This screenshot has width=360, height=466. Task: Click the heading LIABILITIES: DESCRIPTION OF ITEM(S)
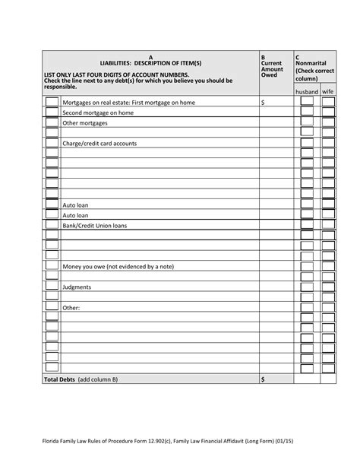pos(150,62)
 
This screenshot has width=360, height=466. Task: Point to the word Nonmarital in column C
pos(314,63)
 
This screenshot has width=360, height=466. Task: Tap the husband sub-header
pos(307,91)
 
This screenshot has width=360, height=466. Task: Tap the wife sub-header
pos(328,91)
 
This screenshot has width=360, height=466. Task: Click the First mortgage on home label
pos(128,102)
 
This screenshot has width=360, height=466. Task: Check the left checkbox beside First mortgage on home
pos(52,102)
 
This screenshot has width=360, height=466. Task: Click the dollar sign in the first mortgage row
pos(263,102)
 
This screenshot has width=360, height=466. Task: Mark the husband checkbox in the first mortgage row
pos(307,102)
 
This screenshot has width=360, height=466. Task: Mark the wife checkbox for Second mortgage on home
pos(328,112)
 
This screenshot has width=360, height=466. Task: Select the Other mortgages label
pos(85,122)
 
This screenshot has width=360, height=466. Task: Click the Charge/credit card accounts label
pos(99,143)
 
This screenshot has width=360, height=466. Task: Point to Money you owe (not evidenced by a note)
pos(118,267)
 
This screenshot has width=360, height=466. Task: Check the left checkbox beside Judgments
pos(52,287)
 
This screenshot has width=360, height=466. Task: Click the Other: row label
pos(71,308)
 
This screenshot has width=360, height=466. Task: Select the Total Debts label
pos(81,379)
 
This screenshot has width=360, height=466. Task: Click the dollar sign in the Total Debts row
pos(263,379)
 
